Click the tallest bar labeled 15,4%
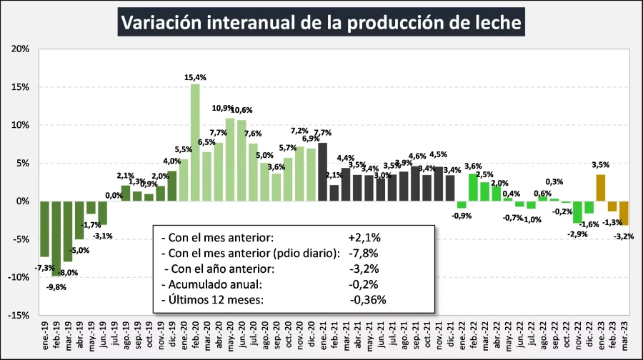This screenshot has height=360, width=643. (x=195, y=142)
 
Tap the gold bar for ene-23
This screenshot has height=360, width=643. (x=601, y=188)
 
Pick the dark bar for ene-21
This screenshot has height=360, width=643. (x=322, y=171)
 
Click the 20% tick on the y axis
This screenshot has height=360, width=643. (x=20, y=49)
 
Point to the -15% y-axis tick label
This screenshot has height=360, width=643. (x=19, y=315)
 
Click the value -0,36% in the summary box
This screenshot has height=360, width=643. (x=368, y=299)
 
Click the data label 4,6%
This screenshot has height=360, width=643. (x=417, y=156)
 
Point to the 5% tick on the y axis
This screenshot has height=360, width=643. (x=21, y=163)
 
